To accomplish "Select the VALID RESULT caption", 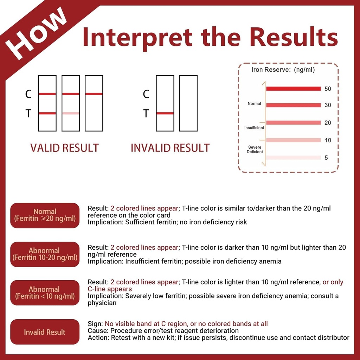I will (x=64, y=148).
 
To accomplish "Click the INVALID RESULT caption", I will (x=170, y=148).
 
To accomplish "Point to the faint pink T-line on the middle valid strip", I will (x=71, y=113).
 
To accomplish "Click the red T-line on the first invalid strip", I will (x=165, y=113).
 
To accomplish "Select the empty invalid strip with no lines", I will (x=188, y=103).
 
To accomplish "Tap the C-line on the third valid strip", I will (x=94, y=94).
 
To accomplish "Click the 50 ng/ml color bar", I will (x=293, y=89).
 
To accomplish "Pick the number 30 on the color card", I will (x=327, y=105).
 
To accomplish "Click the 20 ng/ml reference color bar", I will (x=293, y=123).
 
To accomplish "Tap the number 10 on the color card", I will (x=327, y=140).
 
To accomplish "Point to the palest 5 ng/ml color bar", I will (x=293, y=158).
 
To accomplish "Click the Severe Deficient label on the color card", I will (x=255, y=149).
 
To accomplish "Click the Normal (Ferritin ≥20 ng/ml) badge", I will (x=45, y=215).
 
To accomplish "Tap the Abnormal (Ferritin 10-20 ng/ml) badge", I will (x=45, y=254).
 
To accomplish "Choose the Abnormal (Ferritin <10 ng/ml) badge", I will (x=45, y=293).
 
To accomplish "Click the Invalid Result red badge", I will (x=45, y=332).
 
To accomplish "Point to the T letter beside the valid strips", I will (x=28, y=113).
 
